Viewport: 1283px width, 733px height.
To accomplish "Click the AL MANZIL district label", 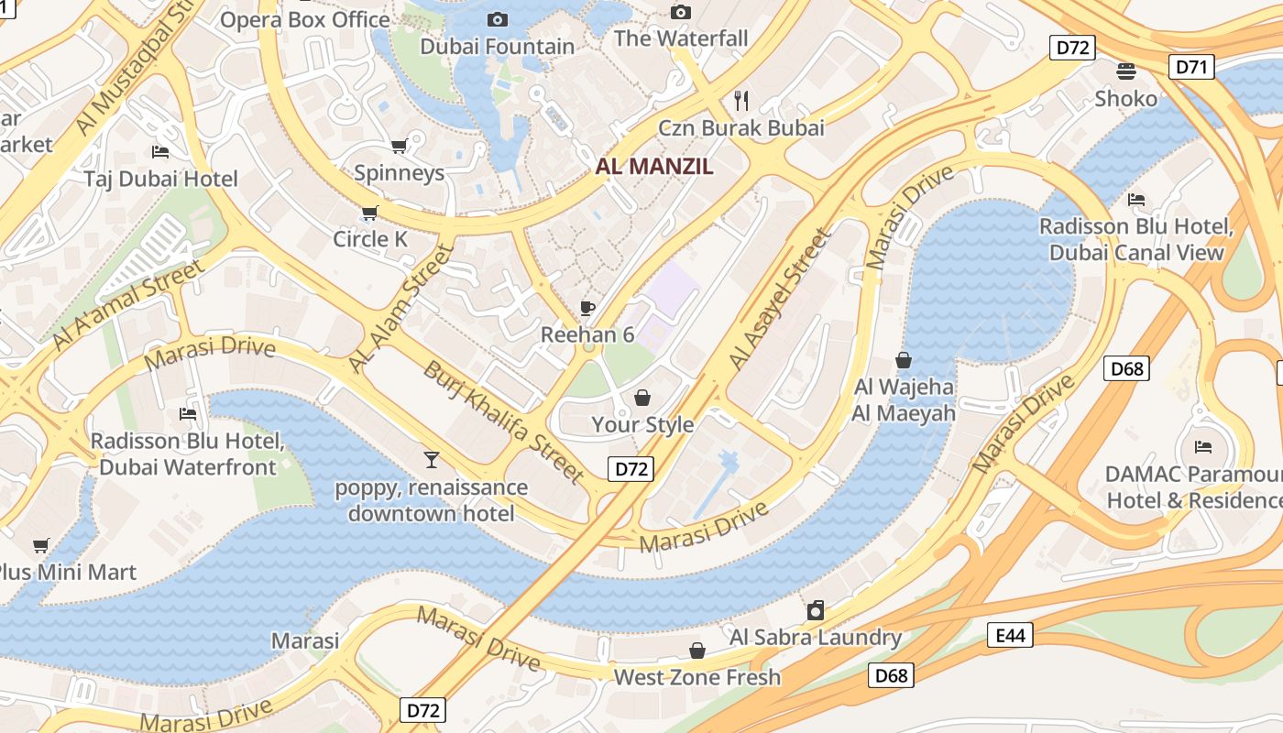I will tap(653, 167).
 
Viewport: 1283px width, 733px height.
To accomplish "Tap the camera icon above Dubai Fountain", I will tap(498, 19).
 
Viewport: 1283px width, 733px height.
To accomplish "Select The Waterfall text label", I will tap(681, 38).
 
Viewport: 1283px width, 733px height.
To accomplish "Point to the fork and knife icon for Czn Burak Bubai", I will tap(742, 99).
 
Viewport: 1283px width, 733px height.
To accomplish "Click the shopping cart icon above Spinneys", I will tap(399, 147).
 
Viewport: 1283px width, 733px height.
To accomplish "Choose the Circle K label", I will tap(370, 239).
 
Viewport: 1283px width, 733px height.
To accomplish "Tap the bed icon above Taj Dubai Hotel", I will tap(160, 152).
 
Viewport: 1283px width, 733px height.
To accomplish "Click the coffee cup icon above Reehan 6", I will tap(587, 308).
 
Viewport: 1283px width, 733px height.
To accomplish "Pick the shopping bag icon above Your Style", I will tap(642, 398).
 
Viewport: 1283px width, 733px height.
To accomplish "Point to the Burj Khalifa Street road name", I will tap(502, 421).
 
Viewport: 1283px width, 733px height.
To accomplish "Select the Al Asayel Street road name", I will tap(780, 300).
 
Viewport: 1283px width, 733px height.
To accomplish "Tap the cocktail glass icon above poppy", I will tap(431, 459).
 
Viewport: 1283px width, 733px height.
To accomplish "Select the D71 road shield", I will tap(1192, 66).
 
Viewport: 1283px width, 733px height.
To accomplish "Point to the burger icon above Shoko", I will tap(1125, 71).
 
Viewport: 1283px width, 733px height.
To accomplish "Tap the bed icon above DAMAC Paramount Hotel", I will tap(1203, 447).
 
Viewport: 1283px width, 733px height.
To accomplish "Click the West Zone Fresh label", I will tap(696, 677).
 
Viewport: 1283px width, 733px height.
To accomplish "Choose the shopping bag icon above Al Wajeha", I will tap(904, 360).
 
